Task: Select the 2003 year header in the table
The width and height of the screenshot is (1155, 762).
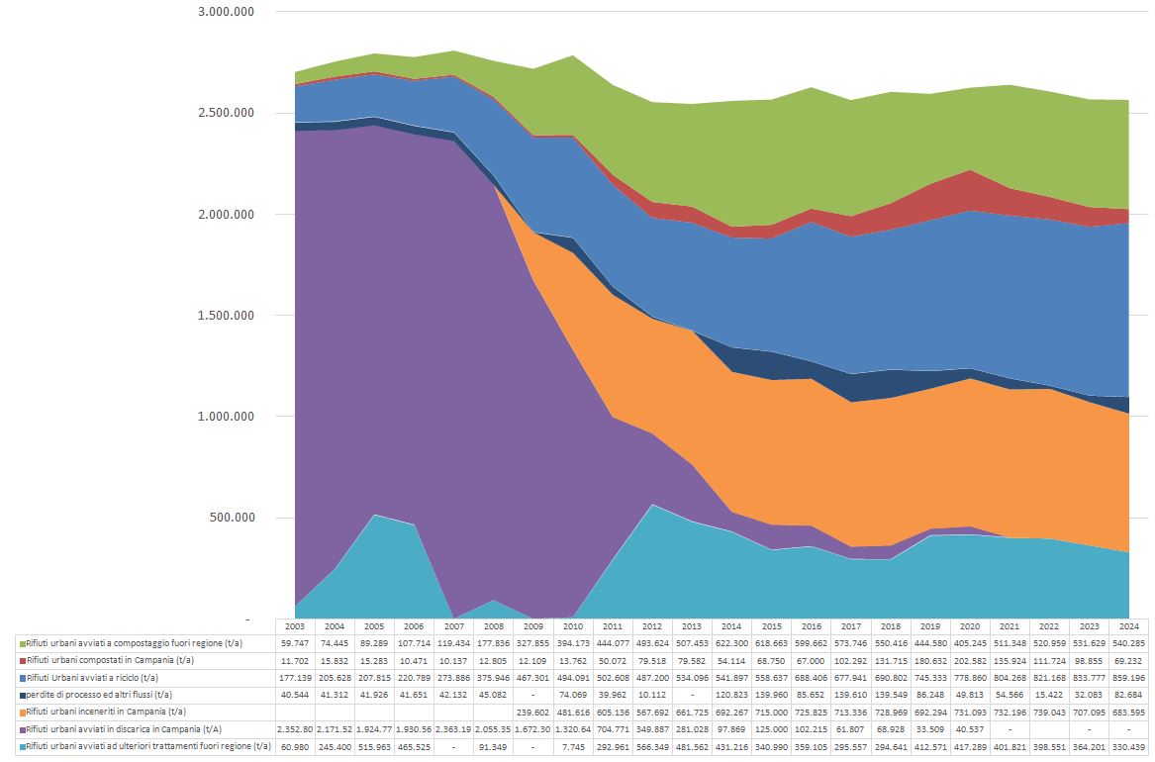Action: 294,626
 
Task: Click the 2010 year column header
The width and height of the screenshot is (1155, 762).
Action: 572,626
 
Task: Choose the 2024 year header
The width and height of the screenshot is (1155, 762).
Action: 1128,626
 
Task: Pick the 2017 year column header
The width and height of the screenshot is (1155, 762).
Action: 850,626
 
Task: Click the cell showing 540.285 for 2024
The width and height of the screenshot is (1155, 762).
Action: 1128,642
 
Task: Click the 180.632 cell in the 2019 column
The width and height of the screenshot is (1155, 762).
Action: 929,659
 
